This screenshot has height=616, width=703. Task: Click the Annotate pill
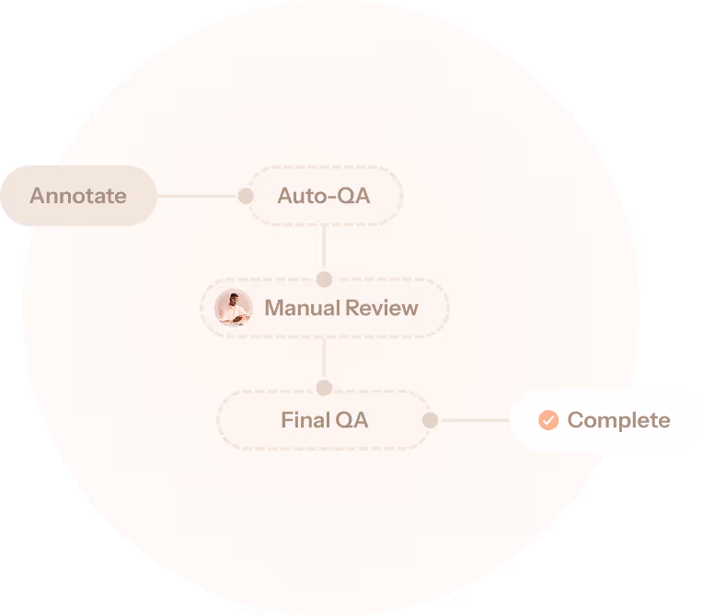pos(78,196)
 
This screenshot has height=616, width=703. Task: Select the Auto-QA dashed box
pos(324,196)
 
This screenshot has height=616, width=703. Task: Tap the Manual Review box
pos(324,308)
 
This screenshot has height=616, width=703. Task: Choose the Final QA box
pos(324,420)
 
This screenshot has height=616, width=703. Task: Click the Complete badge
pos(605,420)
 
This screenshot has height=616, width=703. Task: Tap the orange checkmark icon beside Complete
pos(548,420)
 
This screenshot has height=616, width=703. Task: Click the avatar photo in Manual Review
pos(233,308)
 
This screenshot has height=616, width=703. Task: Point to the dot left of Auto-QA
pos(246,196)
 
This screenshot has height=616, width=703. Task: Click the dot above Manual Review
pos(324,279)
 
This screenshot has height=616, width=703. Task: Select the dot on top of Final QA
pos(324,388)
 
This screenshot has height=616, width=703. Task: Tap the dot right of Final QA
pos(430,420)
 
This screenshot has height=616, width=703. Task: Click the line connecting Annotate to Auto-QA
pos(197,196)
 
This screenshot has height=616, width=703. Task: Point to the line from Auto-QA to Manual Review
pos(324,248)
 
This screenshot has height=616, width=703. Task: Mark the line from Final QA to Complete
pos(474,420)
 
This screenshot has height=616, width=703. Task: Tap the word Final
pos(305,420)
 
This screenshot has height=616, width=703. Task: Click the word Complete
pos(618,420)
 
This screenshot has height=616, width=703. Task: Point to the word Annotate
pos(78,196)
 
